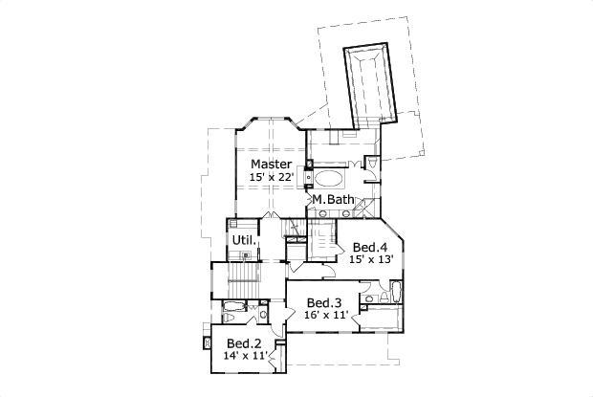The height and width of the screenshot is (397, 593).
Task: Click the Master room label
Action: tap(271, 165)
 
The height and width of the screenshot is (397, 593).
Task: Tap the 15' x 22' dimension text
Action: tap(271, 178)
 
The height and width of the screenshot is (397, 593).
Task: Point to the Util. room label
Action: tap(242, 239)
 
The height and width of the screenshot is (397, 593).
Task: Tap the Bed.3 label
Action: tap(325, 302)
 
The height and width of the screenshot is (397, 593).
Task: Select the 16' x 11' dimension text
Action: tap(325, 315)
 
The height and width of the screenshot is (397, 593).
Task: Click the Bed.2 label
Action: tap(244, 342)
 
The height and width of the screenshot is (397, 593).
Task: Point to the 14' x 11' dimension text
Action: tap(244, 355)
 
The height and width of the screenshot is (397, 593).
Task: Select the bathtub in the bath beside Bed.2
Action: tap(234, 308)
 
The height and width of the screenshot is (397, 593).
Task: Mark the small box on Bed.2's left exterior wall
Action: tap(207, 342)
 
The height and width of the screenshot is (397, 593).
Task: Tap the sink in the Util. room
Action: tap(246, 255)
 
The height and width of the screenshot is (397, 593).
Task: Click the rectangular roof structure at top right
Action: tap(368, 84)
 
